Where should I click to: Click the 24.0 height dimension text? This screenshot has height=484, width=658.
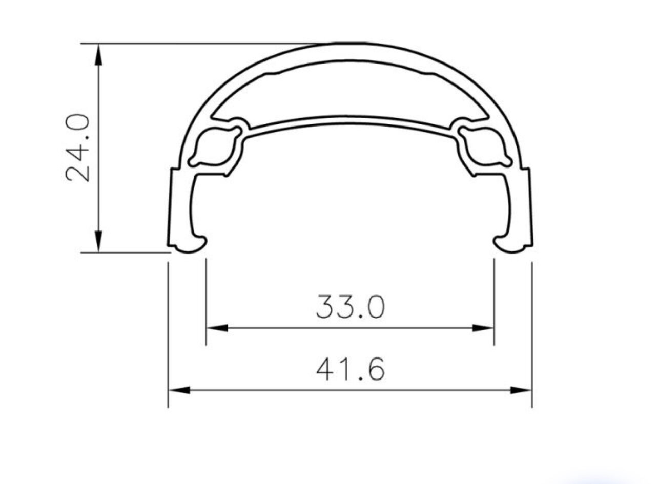click(77, 148)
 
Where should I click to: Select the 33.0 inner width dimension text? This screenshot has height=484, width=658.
click(350, 307)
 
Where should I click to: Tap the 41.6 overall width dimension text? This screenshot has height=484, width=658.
click(350, 369)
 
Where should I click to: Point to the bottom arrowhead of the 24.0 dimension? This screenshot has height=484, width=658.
click(99, 241)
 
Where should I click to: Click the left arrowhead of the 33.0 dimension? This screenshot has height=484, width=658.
click(217, 328)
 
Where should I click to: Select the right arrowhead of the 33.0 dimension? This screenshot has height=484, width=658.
click(483, 328)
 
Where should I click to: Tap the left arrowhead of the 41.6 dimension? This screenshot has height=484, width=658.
click(179, 390)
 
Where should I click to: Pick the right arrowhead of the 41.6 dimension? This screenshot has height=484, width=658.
click(521, 390)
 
